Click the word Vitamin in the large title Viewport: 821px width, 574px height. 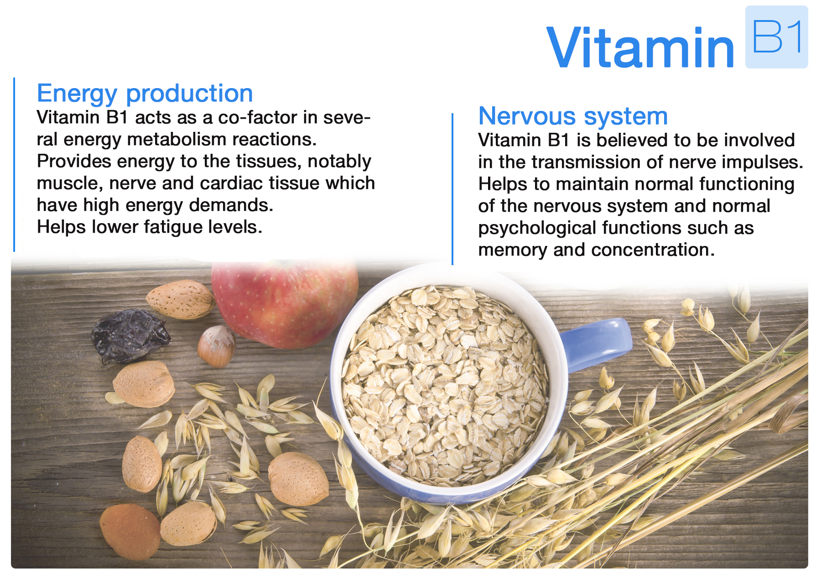640,47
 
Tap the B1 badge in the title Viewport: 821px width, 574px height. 776,37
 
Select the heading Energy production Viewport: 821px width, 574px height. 145,94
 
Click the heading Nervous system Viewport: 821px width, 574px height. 573,116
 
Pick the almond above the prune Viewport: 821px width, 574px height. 181,299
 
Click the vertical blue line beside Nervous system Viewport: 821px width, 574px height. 452,189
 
